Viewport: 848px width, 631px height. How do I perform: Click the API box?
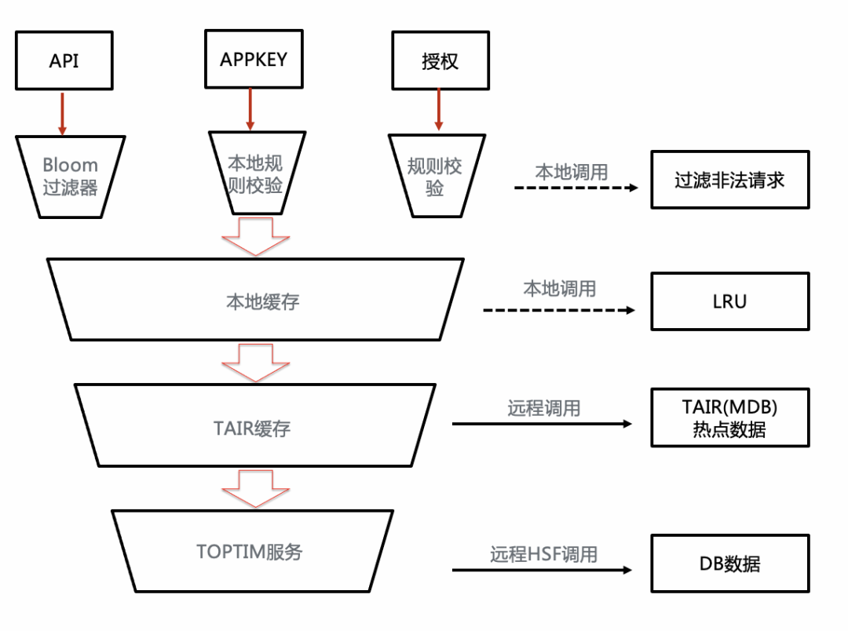click(64, 60)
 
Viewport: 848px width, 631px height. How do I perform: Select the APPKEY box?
click(253, 58)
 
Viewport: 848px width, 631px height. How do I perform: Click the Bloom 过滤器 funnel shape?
click(70, 176)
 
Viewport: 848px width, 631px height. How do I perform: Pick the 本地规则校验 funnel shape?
click(254, 173)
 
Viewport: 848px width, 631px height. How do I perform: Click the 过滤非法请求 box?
click(729, 179)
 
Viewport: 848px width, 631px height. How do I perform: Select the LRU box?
click(729, 301)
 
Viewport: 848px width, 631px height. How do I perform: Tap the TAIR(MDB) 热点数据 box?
click(729, 418)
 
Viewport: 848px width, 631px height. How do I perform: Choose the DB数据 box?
click(729, 564)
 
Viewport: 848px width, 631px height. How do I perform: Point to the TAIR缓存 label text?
click(252, 428)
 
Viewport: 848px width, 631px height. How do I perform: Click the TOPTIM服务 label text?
click(249, 552)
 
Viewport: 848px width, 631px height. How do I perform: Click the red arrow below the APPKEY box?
click(250, 108)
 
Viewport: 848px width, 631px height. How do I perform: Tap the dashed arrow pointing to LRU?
click(559, 311)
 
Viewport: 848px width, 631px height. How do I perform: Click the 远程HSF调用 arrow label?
click(543, 554)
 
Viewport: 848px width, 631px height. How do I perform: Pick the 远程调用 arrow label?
click(543, 408)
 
